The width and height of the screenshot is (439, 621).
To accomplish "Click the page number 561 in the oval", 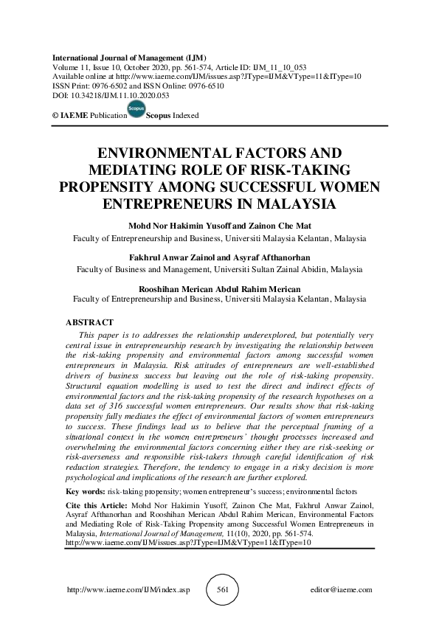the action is point(229,589).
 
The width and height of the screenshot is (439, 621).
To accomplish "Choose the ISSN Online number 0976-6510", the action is point(208,86).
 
